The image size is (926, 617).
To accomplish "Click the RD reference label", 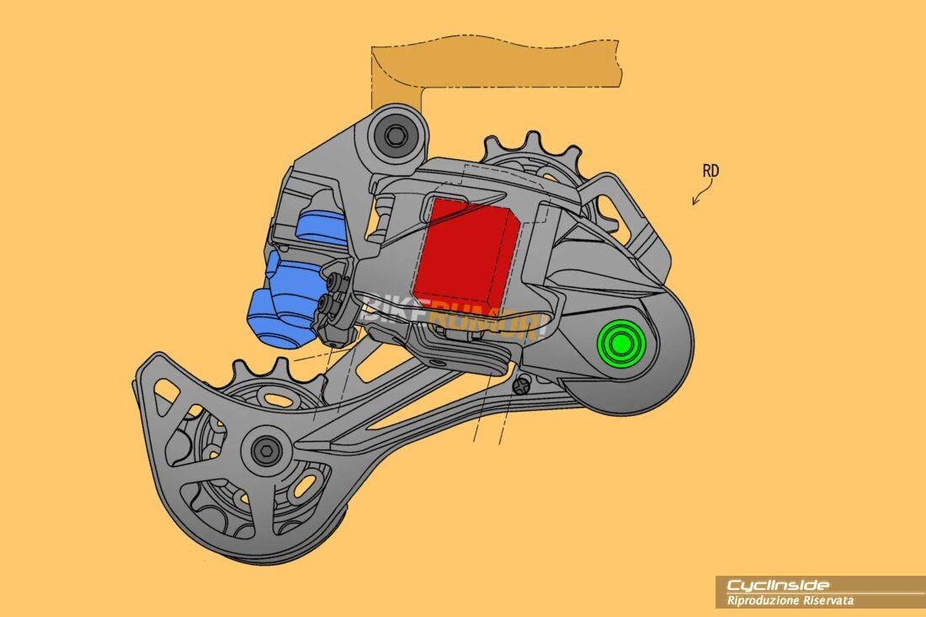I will pyautogui.click(x=710, y=171).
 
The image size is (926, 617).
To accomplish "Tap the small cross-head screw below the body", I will pyautogui.click(x=521, y=386).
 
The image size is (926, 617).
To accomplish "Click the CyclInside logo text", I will pyautogui.click(x=779, y=585).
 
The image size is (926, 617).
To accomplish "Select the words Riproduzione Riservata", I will pyautogui.click(x=790, y=600).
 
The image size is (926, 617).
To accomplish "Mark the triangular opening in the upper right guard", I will pyautogui.click(x=623, y=203).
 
